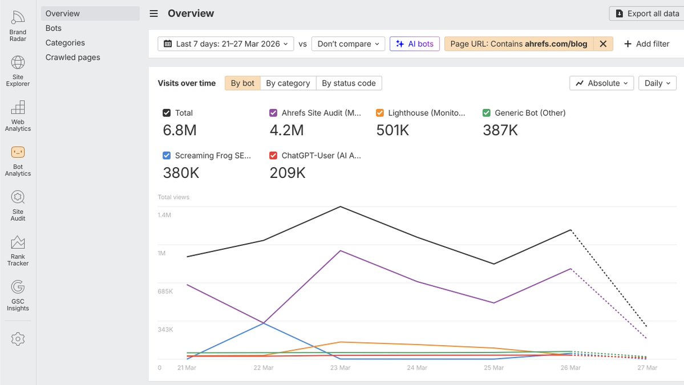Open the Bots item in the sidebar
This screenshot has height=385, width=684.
click(54, 28)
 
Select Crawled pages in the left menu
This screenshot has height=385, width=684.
click(72, 57)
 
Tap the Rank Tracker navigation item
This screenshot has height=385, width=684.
click(18, 250)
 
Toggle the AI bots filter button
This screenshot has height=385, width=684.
click(415, 44)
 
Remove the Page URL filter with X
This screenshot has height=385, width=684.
click(603, 44)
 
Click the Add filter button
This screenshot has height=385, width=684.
click(646, 44)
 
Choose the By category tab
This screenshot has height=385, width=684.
click(288, 83)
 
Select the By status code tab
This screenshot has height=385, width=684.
click(349, 83)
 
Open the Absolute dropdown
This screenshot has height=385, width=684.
click(601, 83)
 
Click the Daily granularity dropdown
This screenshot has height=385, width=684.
click(657, 83)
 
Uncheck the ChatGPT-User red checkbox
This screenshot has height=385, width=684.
click(273, 155)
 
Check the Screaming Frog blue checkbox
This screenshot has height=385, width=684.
click(167, 155)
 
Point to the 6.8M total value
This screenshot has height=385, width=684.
click(180, 131)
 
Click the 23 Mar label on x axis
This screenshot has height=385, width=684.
click(340, 368)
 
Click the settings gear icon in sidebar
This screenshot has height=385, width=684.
click(18, 339)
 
